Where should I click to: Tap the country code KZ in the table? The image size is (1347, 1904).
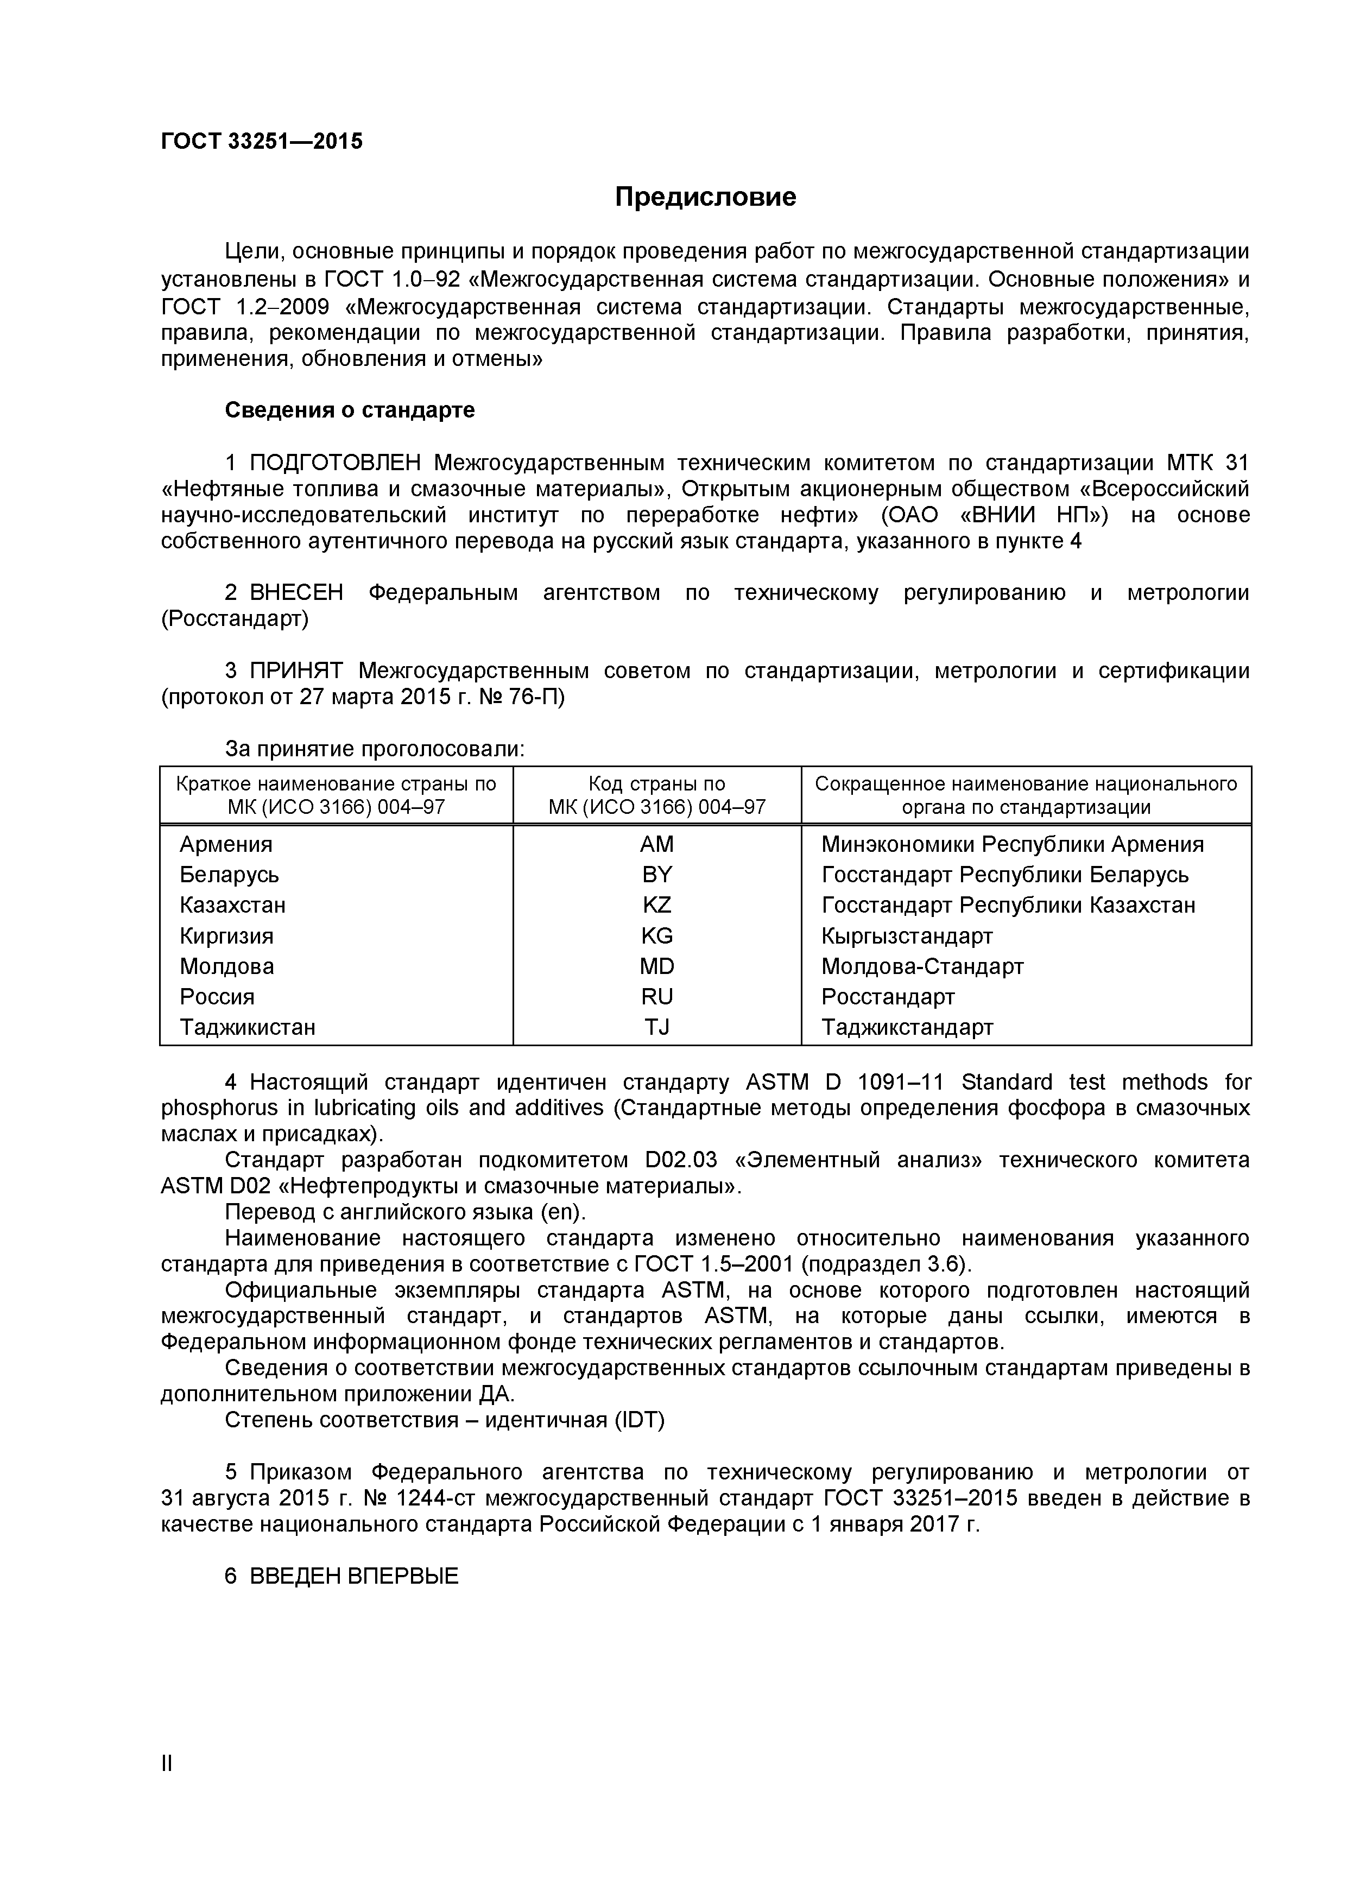click(x=657, y=904)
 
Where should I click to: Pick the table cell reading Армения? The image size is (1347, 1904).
click(x=226, y=844)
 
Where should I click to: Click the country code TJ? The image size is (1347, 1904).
click(x=657, y=1027)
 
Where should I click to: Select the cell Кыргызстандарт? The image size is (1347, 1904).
click(x=907, y=936)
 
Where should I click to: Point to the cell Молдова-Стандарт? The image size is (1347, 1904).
click(x=922, y=966)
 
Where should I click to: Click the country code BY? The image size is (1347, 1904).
click(x=657, y=875)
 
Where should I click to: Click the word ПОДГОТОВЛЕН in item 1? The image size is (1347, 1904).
click(x=335, y=463)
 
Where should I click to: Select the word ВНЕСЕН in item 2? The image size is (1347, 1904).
click(x=296, y=593)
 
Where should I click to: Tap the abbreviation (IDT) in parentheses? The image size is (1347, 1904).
click(x=640, y=1421)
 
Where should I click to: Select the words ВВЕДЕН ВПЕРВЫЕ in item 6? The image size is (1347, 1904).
click(x=354, y=1577)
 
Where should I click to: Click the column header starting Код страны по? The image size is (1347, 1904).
click(x=657, y=795)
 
